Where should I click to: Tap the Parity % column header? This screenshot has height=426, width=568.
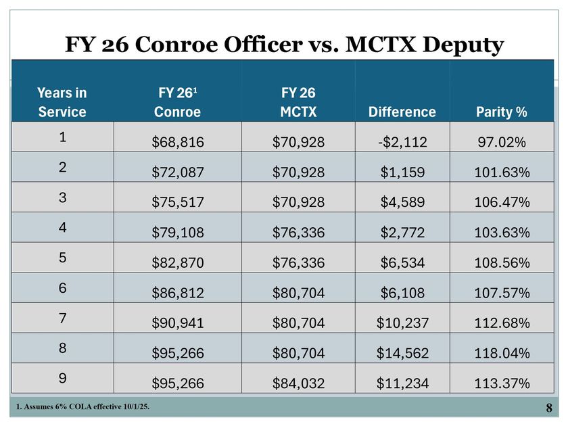point(500,112)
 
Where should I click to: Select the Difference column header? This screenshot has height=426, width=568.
point(402,112)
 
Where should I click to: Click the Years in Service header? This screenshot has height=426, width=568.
point(62,102)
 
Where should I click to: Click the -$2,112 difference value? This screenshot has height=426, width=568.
point(402,142)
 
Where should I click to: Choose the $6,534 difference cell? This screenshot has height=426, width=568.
point(402,262)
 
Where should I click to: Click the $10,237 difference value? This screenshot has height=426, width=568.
point(402,323)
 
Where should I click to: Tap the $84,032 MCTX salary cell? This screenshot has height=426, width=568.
point(298,383)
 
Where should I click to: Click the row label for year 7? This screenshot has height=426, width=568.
point(62,316)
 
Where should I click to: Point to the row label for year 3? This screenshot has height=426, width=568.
point(62,196)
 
